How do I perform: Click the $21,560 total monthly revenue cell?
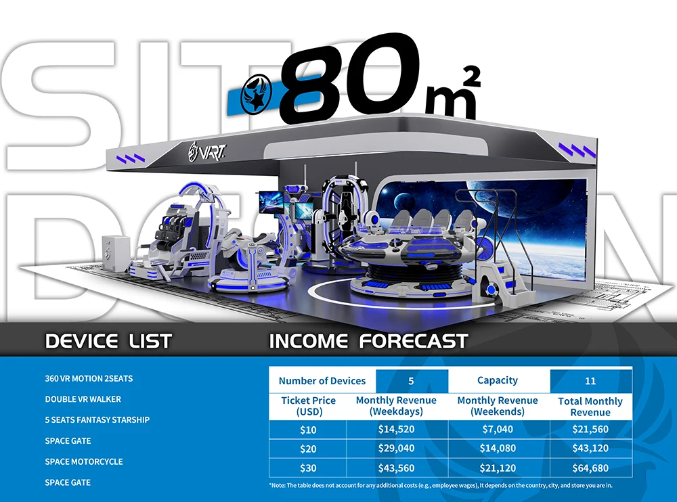point(590,429)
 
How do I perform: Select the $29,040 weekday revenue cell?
point(396,448)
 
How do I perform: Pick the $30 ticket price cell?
point(308,467)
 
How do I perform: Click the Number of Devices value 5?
point(411,381)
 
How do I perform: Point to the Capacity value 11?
point(590,381)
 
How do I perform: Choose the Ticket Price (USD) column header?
point(308,406)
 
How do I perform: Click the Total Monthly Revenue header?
point(590,407)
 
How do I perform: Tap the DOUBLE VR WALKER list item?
point(83,399)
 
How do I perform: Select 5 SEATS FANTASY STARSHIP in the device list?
point(97,420)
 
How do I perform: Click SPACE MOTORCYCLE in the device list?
point(84,461)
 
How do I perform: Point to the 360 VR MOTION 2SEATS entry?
point(88,378)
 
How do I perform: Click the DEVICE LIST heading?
point(108,340)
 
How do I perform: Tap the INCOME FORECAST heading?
point(368,340)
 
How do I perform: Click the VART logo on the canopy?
point(209,147)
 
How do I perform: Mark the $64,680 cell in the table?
point(590,467)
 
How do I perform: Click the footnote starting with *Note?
point(440,485)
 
